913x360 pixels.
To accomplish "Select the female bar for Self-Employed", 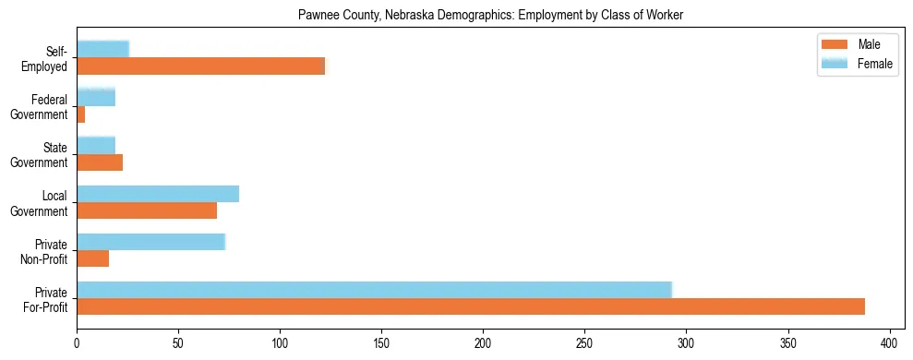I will pyautogui.click(x=102, y=49).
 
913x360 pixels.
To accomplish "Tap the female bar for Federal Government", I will pyautogui.click(x=96, y=97).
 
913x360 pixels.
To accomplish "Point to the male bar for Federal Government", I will pyautogui.click(x=81, y=114).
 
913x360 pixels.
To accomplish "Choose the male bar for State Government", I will pyautogui.click(x=100, y=162).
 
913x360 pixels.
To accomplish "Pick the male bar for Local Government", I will pyautogui.click(x=147, y=210).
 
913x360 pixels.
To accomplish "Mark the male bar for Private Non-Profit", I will pyautogui.click(x=93, y=258).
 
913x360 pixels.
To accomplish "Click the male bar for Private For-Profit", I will pyautogui.click(x=471, y=306).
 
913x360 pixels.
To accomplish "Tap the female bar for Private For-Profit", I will pyautogui.click(x=374, y=290).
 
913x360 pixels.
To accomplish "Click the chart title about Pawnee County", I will pyautogui.click(x=489, y=16).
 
